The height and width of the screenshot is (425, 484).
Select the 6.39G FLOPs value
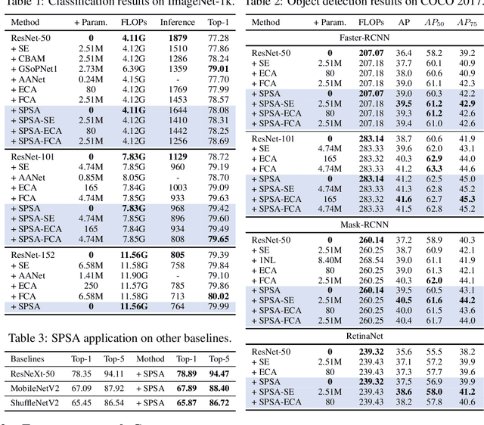135,69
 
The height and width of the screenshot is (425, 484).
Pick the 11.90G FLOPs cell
135,275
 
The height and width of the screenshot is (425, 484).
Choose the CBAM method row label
30,58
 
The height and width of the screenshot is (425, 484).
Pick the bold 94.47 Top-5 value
218,374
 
